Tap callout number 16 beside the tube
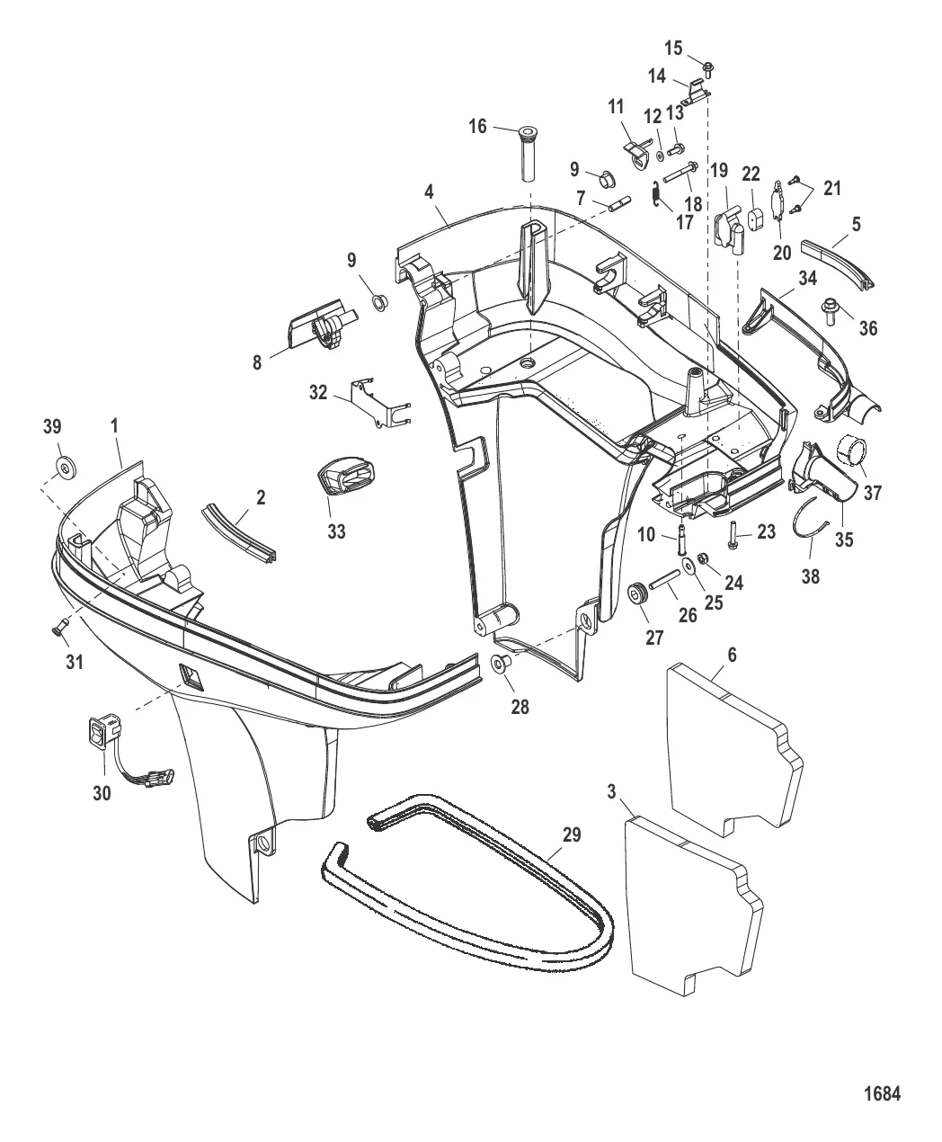tap(477, 127)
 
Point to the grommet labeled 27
tap(638, 593)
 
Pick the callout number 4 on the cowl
tap(429, 192)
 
